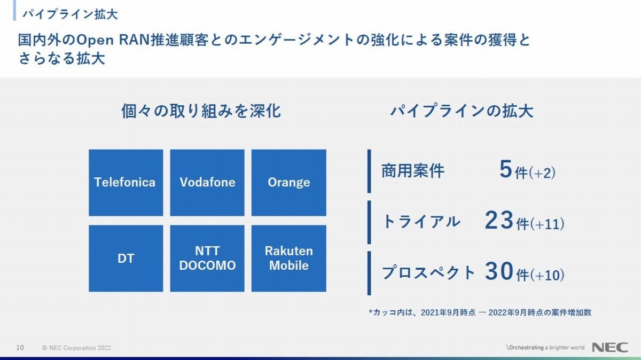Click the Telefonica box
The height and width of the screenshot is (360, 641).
126,183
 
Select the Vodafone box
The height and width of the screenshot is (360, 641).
207,183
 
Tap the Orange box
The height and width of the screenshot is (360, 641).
289,183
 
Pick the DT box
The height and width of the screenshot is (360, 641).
126,259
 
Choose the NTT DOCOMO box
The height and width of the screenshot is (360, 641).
207,259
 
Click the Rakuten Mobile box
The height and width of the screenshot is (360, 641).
289,259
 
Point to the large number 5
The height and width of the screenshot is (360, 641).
506,169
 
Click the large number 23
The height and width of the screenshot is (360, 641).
499,220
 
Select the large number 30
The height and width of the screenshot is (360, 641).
499,271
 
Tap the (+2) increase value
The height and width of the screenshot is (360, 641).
542,173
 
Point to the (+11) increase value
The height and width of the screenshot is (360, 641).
547,224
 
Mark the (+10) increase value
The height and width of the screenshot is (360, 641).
547,275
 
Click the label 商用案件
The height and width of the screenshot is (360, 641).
413,171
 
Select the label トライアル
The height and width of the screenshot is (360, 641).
421,222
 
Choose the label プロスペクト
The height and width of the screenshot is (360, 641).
428,272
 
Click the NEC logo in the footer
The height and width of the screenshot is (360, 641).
610,347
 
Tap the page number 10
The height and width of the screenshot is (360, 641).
20,348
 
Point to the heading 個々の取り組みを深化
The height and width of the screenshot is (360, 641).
201,111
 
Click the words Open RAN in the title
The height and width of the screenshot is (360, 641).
113,40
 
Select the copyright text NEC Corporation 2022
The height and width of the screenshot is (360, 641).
80,348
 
